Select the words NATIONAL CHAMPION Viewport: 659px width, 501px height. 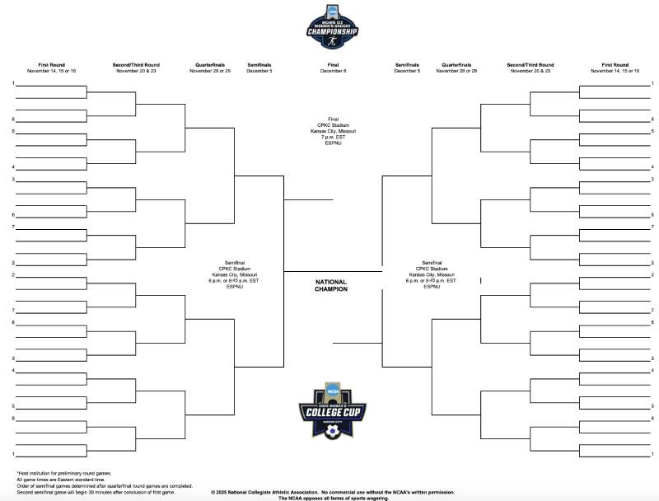tap(331, 286)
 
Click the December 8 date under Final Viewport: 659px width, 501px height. tap(332, 71)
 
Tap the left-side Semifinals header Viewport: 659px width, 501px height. tap(259, 64)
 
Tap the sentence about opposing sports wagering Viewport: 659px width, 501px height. tap(332, 498)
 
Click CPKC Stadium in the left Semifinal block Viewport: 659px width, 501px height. tap(234, 269)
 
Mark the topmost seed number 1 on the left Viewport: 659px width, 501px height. tap(13, 83)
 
